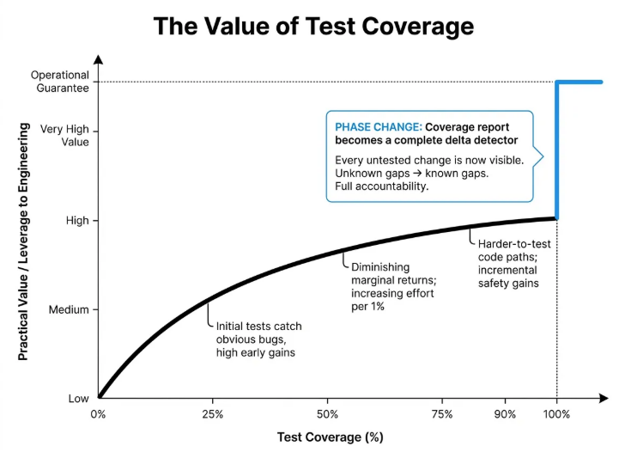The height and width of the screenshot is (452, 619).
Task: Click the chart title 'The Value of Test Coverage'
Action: tap(313, 27)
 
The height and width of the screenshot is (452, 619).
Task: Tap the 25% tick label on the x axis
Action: tap(212, 414)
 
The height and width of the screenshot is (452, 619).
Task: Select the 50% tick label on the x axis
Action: tap(327, 414)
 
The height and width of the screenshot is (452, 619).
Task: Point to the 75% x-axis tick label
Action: tap(442, 414)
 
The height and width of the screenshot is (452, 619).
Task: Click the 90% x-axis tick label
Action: tap(507, 414)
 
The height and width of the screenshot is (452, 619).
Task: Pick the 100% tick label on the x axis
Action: tap(556, 414)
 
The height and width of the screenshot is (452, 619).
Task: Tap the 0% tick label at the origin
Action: tap(98, 414)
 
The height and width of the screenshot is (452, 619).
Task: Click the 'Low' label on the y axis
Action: tap(78, 399)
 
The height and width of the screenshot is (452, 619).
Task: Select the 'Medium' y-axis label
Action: tap(69, 309)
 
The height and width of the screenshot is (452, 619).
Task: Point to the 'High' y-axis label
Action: tap(76, 221)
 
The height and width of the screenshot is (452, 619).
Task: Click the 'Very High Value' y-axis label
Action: tap(64, 137)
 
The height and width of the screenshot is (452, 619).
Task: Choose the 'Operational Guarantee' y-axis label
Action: tap(59, 82)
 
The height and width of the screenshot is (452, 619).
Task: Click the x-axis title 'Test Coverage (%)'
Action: tap(330, 437)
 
